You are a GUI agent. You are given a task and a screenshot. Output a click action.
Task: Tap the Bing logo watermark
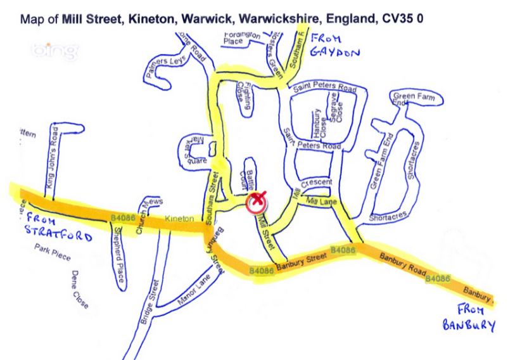pyautogui.click(x=56, y=50)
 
